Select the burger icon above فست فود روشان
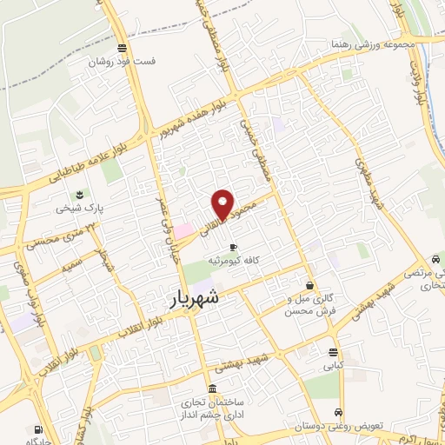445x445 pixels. (122, 48)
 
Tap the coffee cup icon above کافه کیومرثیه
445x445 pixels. (232, 247)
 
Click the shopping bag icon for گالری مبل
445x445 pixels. (310, 285)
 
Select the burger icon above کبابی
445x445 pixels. (334, 352)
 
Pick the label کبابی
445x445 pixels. (334, 366)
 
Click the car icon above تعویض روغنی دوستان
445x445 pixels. (338, 413)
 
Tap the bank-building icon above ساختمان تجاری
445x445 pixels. (213, 389)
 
